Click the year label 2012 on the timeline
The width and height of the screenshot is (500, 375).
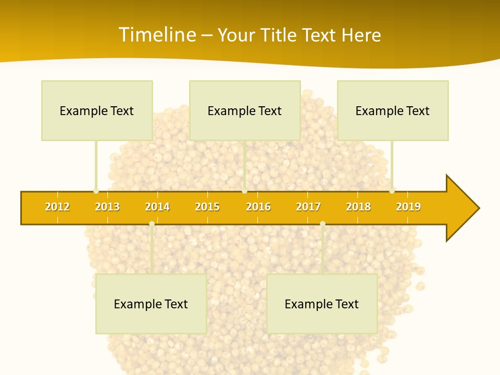(57, 207)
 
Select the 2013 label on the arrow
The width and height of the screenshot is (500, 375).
(107, 207)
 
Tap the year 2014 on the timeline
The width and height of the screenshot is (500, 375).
(157, 207)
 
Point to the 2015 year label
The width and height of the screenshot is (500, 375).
(207, 207)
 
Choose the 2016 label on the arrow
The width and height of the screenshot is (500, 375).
(258, 207)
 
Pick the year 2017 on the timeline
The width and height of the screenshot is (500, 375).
(308, 207)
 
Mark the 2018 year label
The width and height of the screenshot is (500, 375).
(358, 207)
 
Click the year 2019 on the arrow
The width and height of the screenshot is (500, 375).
(408, 207)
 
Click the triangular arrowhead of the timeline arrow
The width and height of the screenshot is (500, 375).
(461, 208)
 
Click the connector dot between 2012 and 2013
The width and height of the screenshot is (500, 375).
(96, 191)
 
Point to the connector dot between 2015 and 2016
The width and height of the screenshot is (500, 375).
(244, 191)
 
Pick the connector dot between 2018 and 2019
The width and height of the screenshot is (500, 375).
(392, 191)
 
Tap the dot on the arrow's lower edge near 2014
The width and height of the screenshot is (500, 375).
(152, 224)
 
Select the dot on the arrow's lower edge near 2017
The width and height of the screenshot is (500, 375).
(322, 224)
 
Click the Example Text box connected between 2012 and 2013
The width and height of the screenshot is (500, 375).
(97, 110)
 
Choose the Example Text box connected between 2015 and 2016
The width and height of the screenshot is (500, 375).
(245, 110)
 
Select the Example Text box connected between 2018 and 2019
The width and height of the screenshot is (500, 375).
(393, 110)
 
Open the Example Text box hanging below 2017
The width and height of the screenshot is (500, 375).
(322, 304)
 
